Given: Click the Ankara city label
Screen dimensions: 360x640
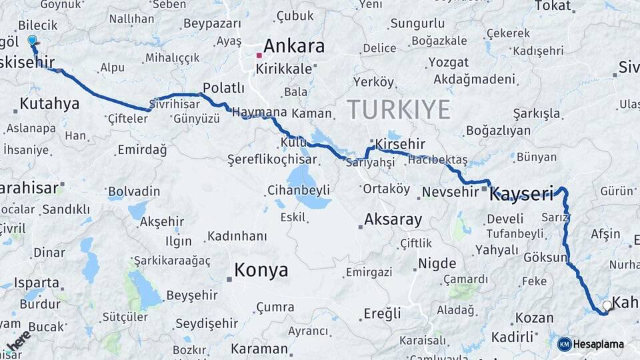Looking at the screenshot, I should point(294,46).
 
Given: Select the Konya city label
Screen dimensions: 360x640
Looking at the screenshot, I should point(261,270).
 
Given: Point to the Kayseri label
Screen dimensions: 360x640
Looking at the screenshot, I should point(522,195).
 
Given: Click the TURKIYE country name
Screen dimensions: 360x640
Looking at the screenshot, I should point(398,109).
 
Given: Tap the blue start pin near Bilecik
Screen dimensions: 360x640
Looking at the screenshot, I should point(32,41).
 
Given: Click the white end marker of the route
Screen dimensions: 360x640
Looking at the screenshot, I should point(607,305).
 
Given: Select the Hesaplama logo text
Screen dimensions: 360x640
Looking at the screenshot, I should point(598,345).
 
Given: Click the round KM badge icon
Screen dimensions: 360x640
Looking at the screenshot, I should point(564,344).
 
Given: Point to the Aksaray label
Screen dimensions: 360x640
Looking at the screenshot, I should point(393,219).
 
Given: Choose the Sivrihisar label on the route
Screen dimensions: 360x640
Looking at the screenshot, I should point(175,105).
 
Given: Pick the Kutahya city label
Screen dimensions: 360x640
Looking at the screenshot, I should point(49,103).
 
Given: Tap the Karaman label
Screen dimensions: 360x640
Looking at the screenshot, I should point(259,349).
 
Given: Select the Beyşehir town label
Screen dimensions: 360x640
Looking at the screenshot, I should point(193,294).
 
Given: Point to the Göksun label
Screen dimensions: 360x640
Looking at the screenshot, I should point(545,257).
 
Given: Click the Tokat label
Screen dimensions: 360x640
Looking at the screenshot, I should point(553,6).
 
